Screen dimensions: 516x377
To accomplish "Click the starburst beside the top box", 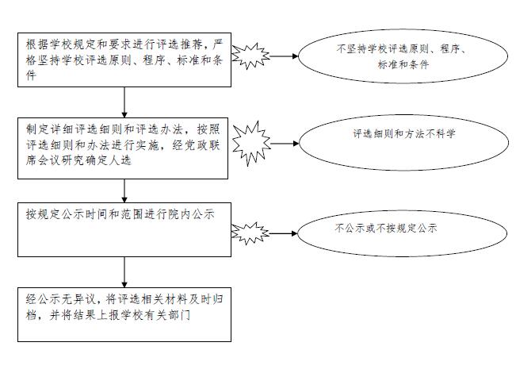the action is (250, 56).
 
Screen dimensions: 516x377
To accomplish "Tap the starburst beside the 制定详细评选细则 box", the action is (251, 144).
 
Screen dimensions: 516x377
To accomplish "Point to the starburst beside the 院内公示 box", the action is (250, 233).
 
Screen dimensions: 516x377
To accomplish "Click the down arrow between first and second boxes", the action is (124, 102).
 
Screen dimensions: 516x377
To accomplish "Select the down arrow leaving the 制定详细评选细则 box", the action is (124, 191).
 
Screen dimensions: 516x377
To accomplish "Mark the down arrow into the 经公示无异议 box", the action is (124, 272).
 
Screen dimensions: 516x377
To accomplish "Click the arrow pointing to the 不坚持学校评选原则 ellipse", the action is (284, 56).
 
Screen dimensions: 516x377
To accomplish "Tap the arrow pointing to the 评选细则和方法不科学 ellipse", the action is (285, 144).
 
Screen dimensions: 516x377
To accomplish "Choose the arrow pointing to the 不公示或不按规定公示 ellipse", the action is (283, 233).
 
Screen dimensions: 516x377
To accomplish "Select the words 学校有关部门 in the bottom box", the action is (155, 315).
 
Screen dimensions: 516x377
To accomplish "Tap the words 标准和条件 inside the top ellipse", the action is (403, 64).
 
